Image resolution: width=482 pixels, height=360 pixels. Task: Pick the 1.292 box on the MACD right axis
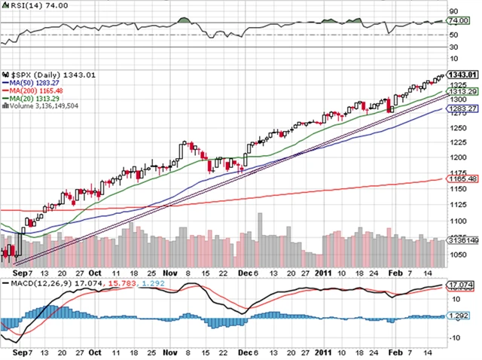pyautogui.click(x=459, y=316)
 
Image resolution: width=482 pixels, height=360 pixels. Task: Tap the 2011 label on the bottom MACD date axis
pyautogui.click(x=324, y=352)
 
